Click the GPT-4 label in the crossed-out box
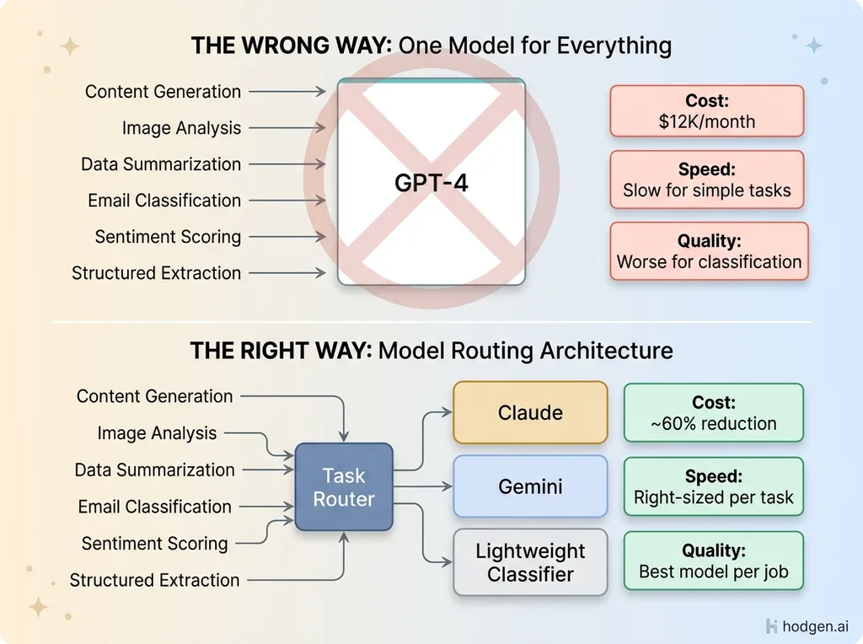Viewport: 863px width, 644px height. pyautogui.click(x=431, y=182)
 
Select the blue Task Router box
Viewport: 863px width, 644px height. pyautogui.click(x=344, y=486)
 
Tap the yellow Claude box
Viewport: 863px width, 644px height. pyautogui.click(x=530, y=412)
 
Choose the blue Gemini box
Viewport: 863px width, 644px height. pyautogui.click(x=530, y=486)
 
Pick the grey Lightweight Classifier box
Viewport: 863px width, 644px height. pyautogui.click(x=530, y=562)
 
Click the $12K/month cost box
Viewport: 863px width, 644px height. pyautogui.click(x=706, y=110)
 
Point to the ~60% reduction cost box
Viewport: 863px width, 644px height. pyautogui.click(x=713, y=412)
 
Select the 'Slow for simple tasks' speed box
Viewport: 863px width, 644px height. pyautogui.click(x=706, y=180)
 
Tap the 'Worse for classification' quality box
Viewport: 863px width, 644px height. pyautogui.click(x=709, y=250)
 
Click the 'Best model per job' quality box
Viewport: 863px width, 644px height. pyautogui.click(x=713, y=561)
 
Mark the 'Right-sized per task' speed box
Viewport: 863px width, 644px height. pyautogui.click(x=713, y=486)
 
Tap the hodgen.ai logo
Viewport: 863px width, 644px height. pyautogui.click(x=808, y=625)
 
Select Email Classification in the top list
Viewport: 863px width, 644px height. pyautogui.click(x=164, y=201)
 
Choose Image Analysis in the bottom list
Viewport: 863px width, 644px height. pyautogui.click(x=157, y=433)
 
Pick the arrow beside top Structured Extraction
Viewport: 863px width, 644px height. pyautogui.click(x=287, y=272)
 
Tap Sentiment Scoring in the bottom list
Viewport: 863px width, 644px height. pyautogui.click(x=154, y=544)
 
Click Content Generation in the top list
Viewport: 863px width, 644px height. pyautogui.click(x=163, y=91)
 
